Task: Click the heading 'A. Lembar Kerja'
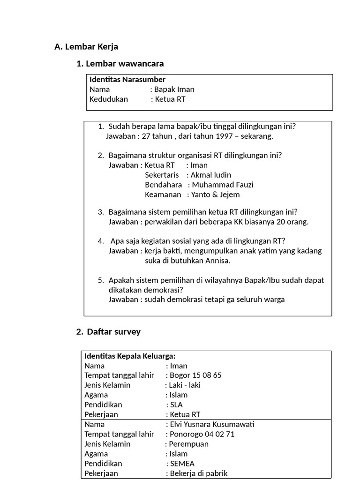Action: pos(86,47)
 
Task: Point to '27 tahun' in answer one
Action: pos(157,136)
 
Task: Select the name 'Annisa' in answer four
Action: pos(217,261)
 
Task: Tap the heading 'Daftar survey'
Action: pos(113,332)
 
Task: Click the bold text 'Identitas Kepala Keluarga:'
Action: pos(130,356)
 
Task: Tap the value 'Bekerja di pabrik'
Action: pos(198,473)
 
